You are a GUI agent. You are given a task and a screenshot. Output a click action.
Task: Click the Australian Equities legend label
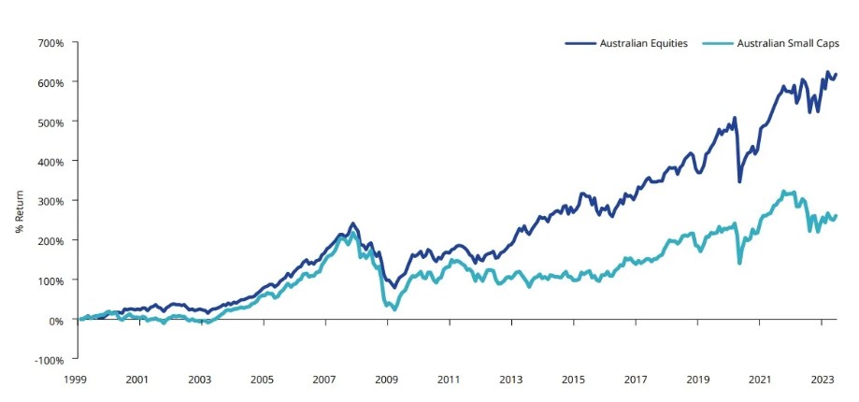643,44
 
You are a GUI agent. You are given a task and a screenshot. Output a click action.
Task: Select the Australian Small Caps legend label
789,44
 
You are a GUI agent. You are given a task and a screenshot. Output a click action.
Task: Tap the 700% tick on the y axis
50,43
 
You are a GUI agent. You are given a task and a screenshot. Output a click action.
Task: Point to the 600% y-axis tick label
50,82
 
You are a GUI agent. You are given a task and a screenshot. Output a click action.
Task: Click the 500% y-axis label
50,122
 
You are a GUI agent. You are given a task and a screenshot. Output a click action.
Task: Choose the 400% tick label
50,162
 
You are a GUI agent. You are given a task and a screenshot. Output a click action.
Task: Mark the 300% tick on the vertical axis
50,201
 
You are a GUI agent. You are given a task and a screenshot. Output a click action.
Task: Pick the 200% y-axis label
50,241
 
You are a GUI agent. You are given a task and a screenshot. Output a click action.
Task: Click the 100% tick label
50,280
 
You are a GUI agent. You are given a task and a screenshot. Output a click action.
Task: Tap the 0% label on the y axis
54,320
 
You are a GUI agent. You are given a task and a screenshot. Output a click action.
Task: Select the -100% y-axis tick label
48,360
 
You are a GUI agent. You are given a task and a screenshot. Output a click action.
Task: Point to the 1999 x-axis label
76,380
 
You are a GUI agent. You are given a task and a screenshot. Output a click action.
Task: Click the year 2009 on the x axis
387,380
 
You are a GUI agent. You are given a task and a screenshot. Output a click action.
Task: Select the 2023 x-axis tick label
822,380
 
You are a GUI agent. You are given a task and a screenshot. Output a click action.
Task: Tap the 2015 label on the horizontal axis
573,380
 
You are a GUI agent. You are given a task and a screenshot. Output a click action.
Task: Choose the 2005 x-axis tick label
262,380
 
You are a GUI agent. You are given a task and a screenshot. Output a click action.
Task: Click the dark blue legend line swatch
579,44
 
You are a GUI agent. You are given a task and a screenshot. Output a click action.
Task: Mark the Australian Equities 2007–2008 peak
352,224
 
